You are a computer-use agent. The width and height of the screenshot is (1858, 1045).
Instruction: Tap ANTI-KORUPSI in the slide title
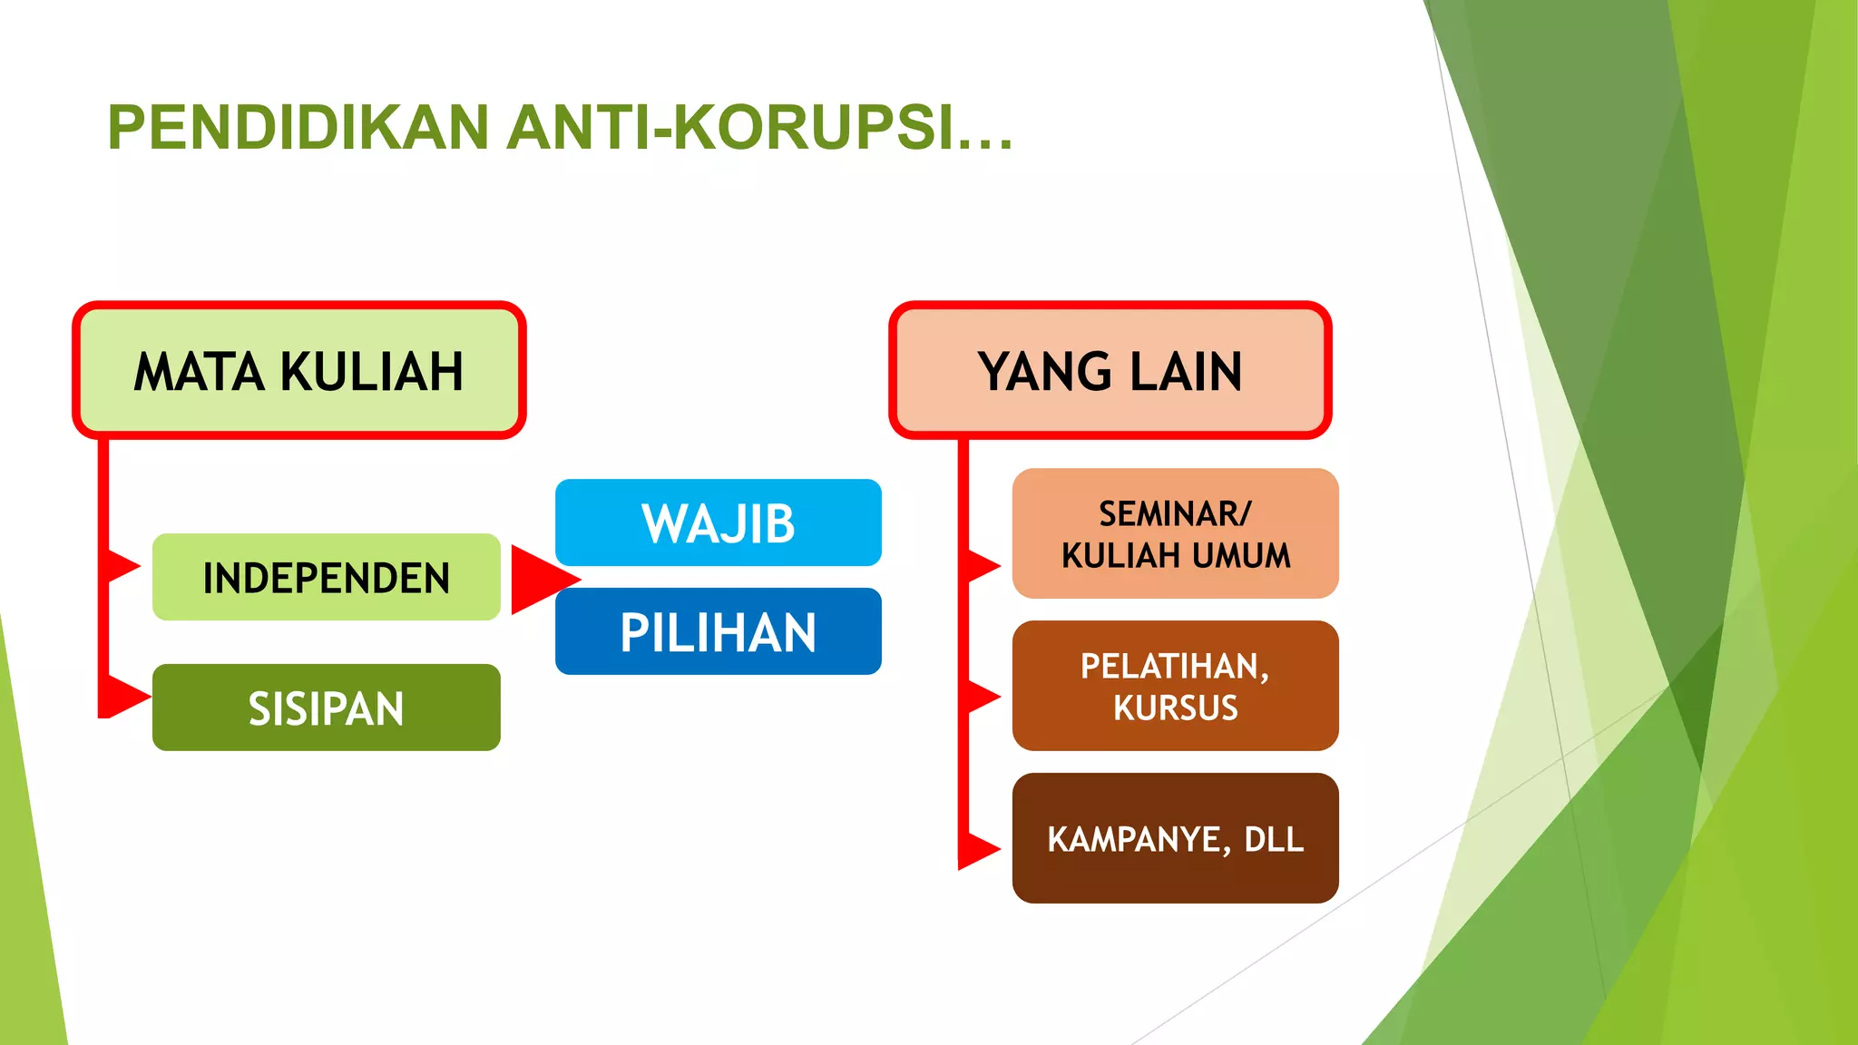[758, 127]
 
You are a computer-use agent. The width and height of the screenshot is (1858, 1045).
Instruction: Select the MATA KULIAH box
[298, 370]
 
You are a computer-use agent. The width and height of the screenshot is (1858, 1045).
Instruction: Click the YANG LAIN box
[1110, 370]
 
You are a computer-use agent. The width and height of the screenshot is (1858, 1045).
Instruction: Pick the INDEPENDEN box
[326, 577]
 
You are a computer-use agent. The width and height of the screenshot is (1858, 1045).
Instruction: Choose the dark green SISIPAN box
[326, 708]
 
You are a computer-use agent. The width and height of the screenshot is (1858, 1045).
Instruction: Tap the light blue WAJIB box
[718, 522]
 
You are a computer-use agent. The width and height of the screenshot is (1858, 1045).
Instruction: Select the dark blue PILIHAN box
[718, 631]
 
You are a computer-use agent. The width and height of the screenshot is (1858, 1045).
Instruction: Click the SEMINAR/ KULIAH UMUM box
[1175, 533]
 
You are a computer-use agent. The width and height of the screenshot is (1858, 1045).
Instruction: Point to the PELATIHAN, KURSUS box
[1175, 686]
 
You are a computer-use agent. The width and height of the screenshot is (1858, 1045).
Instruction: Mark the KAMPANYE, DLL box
[1175, 838]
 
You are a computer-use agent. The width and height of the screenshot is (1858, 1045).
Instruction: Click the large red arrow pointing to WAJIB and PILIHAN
[539, 579]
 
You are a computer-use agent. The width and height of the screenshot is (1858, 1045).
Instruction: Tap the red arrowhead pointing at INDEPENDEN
[123, 567]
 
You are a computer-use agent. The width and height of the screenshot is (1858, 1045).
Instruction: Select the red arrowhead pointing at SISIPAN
[127, 697]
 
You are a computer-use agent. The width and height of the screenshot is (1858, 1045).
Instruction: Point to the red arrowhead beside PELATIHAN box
[983, 697]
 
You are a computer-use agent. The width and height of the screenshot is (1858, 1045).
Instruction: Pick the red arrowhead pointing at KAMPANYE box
[983, 849]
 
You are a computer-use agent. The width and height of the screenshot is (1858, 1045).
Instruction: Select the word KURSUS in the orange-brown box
[1175, 708]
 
